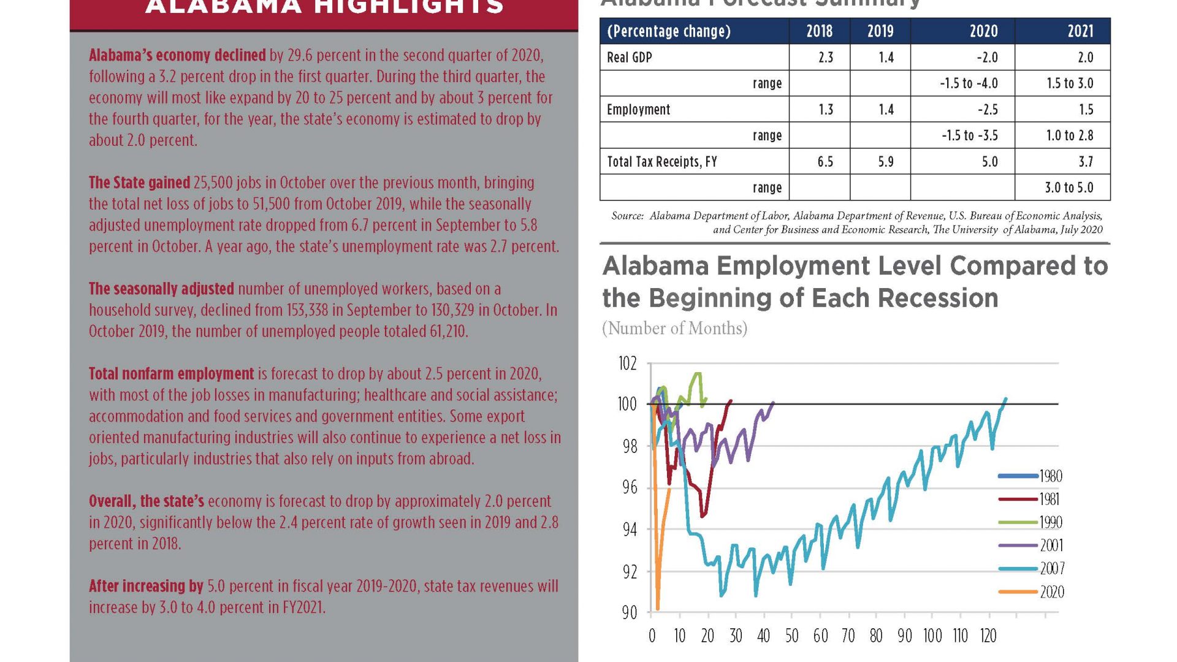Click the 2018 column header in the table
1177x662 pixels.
pos(819,31)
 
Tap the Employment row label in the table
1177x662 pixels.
pos(638,110)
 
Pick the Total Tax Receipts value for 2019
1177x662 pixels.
pos(885,162)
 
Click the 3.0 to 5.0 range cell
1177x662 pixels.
pos(1068,188)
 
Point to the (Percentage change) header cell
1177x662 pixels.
pos(668,31)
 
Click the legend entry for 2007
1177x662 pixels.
pos(1051,569)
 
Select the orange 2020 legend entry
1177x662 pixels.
pos(1051,592)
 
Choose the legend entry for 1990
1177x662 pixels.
pos(1050,522)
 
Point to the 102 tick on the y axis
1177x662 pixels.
pos(627,364)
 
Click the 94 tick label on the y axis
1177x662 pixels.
pos(630,530)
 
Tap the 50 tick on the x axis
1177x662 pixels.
pos(791,636)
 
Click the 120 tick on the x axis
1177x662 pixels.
pos(988,636)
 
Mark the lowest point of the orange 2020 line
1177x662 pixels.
pos(658,609)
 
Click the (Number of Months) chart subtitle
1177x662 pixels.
pos(674,329)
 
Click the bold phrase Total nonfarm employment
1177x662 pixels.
pos(171,374)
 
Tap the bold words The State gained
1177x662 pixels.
pos(139,183)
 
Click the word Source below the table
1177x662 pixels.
pos(627,216)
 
